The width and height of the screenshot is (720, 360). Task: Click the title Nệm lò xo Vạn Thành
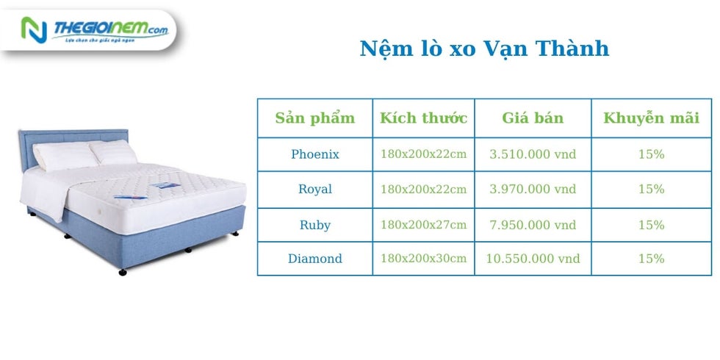point(484,48)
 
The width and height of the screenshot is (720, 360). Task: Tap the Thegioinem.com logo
point(95,30)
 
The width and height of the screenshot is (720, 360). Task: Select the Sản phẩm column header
point(315,118)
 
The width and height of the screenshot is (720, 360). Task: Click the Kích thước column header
point(423,118)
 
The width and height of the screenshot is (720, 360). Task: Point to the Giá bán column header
point(533,118)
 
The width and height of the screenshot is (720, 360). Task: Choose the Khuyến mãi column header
point(651,118)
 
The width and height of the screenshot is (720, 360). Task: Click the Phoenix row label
point(315,154)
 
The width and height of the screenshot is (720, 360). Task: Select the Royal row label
point(315,190)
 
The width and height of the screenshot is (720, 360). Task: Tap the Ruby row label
point(315,225)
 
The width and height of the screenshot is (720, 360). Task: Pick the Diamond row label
point(315,259)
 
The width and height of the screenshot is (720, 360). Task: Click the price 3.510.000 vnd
point(533,154)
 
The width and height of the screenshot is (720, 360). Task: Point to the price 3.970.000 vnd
point(533,190)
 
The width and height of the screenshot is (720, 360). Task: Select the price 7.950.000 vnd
point(533,225)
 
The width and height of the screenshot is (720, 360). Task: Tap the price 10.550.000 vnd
point(533,259)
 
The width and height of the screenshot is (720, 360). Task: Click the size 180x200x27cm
point(423,225)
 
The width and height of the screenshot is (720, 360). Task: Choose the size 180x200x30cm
point(423,258)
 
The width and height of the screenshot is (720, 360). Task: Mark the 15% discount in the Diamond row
point(651,259)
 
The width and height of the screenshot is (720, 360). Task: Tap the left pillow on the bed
point(65,155)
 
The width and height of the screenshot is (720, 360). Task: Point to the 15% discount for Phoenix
point(651,154)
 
